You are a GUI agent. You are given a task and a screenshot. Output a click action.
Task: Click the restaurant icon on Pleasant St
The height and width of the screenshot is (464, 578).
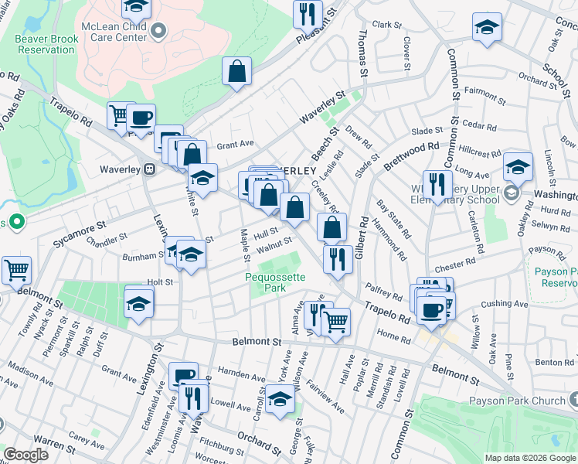pos(308,13)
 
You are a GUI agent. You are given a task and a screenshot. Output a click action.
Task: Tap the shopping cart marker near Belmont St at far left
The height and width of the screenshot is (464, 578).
pos(15,271)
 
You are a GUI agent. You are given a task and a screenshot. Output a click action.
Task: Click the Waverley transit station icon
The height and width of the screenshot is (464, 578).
pos(150,169)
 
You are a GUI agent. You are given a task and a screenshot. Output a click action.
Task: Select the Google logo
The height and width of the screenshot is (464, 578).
pos(25,455)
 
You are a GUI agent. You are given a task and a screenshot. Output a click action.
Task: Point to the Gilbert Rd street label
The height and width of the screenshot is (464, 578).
pos(363,237)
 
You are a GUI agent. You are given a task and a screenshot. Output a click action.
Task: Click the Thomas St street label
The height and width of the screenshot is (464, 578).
pos(362,52)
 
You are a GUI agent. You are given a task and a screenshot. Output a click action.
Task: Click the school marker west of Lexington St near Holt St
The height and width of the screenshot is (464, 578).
pos(139,302)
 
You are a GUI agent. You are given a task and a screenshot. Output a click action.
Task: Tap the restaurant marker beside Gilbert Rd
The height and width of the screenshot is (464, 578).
pos(338,259)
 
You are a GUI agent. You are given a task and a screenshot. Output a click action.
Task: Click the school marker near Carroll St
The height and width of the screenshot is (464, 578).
pos(280,399)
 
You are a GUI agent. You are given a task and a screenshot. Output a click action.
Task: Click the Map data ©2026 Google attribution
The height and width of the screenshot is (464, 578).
pos(531,458)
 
